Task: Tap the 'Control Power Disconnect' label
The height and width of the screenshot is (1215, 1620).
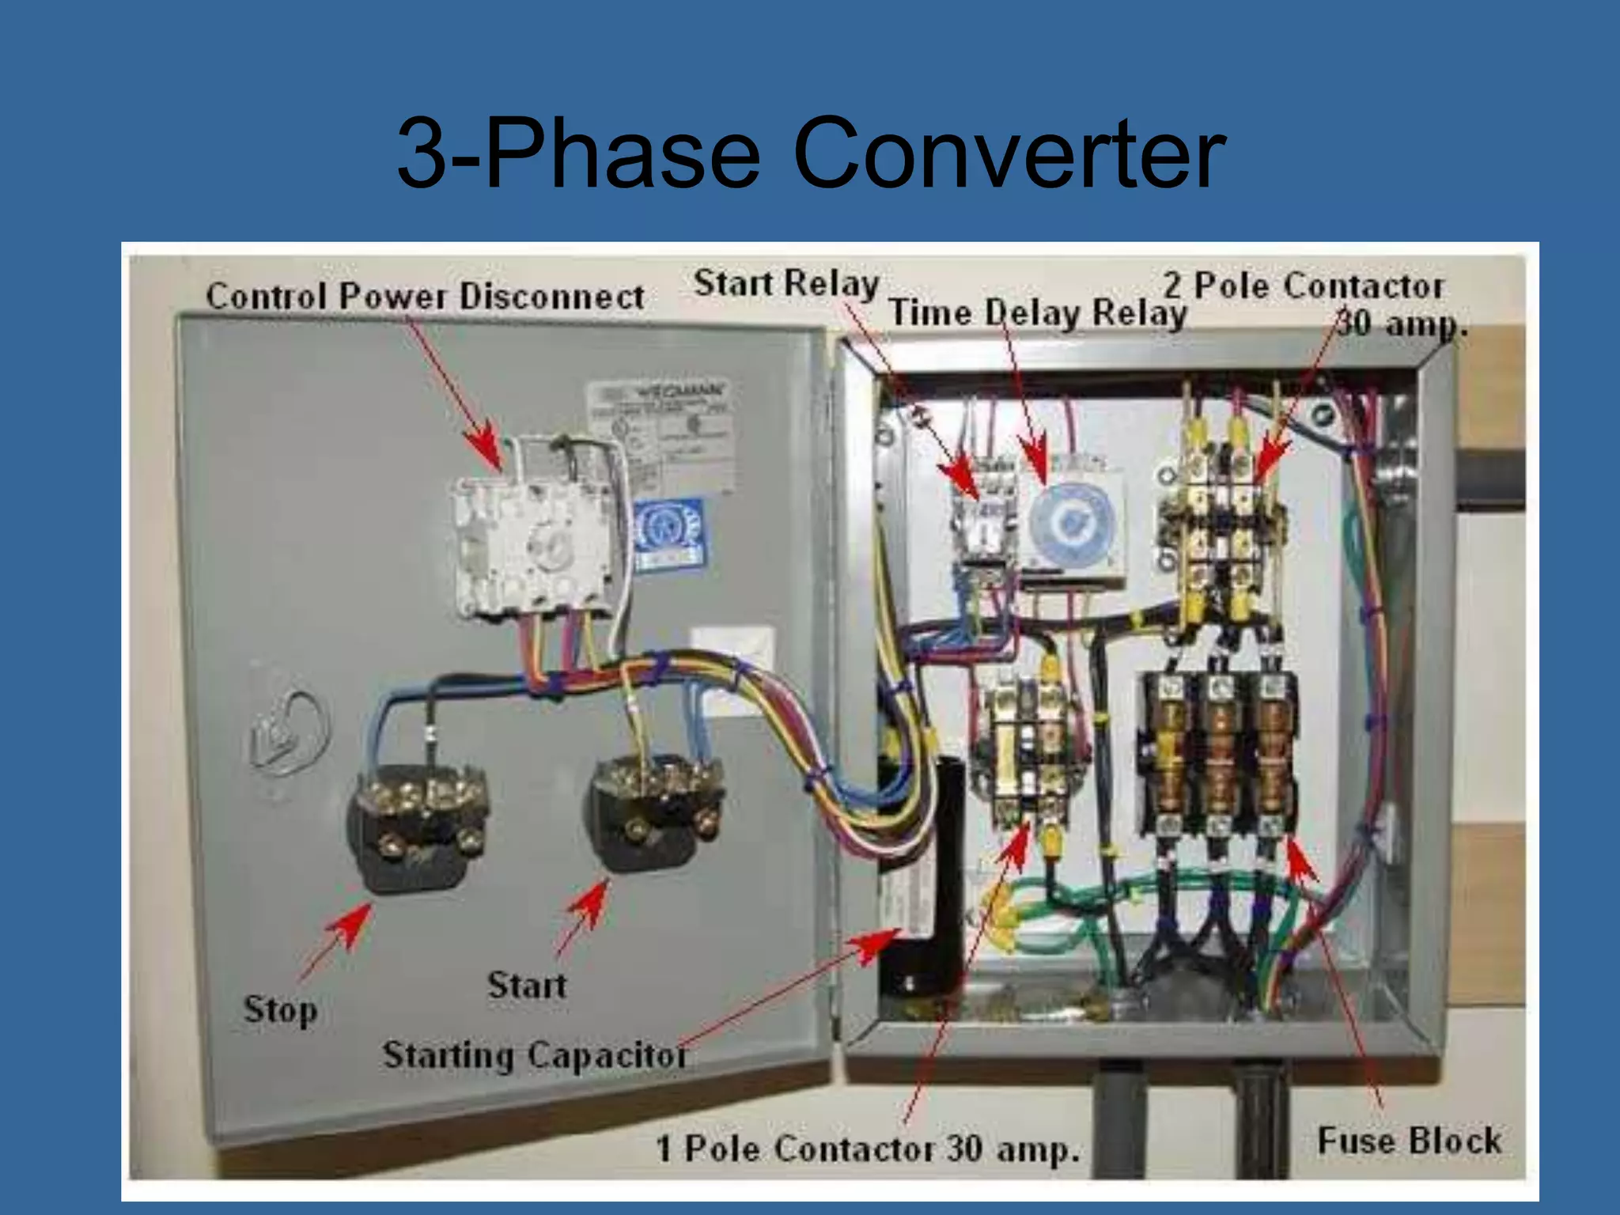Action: (425, 296)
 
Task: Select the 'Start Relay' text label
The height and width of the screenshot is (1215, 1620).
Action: (786, 283)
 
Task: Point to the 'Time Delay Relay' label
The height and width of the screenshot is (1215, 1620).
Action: (1038, 312)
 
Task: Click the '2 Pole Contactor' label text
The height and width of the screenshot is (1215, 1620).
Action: (1303, 286)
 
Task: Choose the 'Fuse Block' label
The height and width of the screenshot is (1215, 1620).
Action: (1409, 1141)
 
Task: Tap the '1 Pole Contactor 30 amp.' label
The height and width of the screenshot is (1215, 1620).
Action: (868, 1149)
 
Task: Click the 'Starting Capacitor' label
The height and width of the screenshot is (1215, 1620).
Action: (534, 1055)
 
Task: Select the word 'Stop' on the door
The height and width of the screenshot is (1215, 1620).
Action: (281, 1010)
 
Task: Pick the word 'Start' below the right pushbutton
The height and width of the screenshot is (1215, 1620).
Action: (527, 986)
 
